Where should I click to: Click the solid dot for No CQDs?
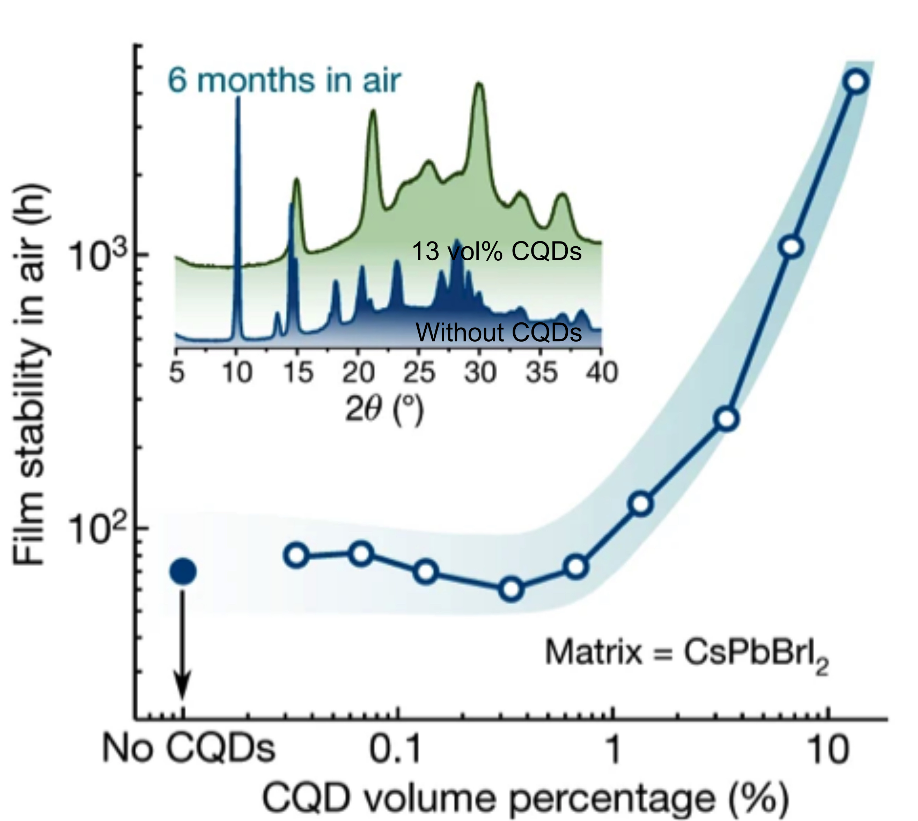183,571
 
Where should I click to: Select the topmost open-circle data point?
857,82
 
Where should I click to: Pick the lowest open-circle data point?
511,589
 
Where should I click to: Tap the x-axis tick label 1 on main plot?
612,750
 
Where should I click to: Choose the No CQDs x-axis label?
188,749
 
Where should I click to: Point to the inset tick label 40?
602,373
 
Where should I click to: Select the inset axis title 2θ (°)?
384,410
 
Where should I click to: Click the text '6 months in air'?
284,81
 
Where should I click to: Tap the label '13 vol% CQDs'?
497,251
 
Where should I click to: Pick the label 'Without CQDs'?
498,333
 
